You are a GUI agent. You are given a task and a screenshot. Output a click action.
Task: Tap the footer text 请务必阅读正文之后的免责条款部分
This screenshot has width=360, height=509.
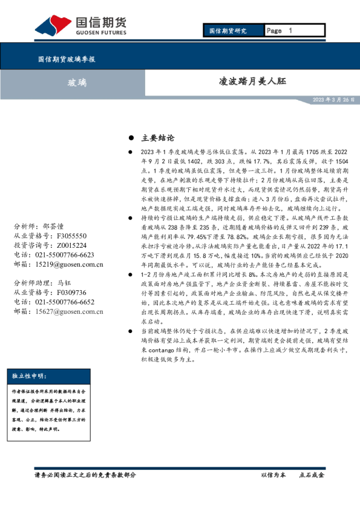[85, 475]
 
